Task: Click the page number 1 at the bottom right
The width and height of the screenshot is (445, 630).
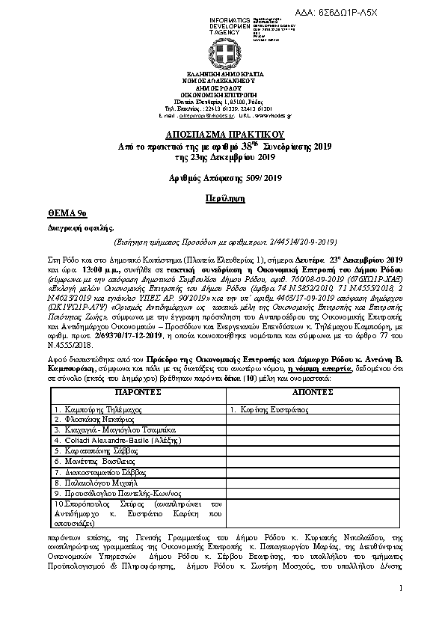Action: tap(401, 590)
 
